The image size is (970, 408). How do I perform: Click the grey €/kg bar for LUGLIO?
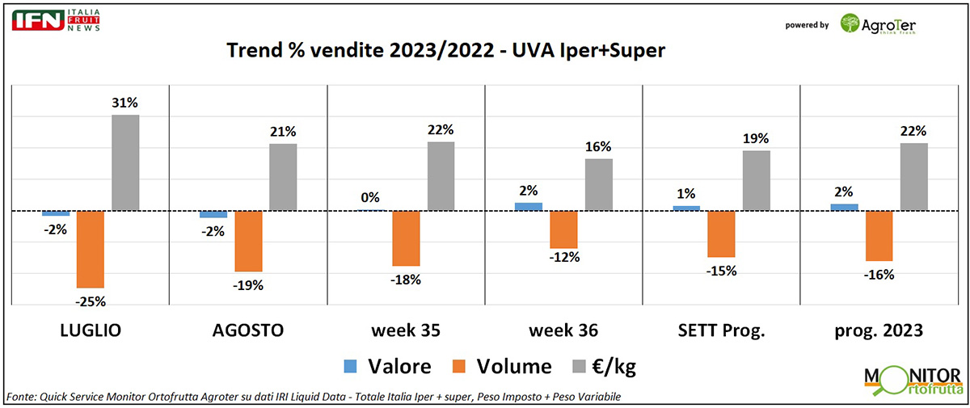pyautogui.click(x=125, y=162)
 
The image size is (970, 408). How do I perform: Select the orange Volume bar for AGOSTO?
pyautogui.click(x=248, y=241)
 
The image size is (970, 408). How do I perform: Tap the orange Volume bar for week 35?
pyautogui.click(x=406, y=238)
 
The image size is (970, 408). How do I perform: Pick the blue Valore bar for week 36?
pyautogui.click(x=529, y=207)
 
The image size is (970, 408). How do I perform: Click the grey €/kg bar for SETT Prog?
pyautogui.click(x=757, y=181)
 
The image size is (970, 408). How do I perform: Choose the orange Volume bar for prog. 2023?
pyautogui.click(x=879, y=236)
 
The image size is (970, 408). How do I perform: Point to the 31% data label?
pyautogui.click(x=125, y=103)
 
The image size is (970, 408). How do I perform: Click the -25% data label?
pyautogui.click(x=91, y=301)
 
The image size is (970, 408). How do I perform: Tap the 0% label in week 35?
pyautogui.click(x=371, y=197)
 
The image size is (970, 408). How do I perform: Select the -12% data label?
pyautogui.click(x=563, y=259)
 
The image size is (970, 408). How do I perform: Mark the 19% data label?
pyautogui.click(x=757, y=139)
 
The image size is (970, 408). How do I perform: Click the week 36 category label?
pyautogui.click(x=563, y=330)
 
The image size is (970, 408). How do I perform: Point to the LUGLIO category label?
pyautogui.click(x=91, y=330)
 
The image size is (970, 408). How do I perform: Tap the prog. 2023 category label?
pyautogui.click(x=879, y=330)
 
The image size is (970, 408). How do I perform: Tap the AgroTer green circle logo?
pyautogui.click(x=851, y=23)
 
